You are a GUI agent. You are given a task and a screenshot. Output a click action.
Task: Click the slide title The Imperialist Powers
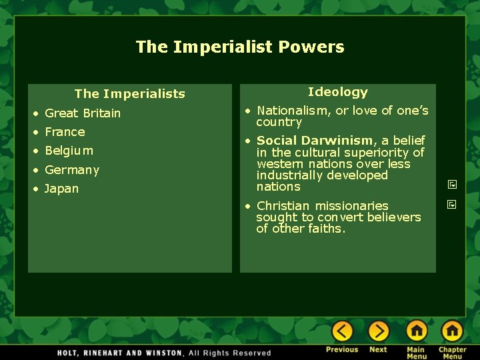[240, 47]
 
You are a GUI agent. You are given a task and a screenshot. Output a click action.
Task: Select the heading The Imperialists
[129, 94]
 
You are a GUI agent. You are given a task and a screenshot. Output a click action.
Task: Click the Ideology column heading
[337, 92]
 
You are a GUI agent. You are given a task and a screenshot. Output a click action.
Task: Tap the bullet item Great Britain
[83, 113]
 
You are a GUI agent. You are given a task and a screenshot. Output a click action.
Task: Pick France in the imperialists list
[65, 132]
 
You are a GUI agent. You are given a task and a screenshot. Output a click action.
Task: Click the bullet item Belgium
[69, 151]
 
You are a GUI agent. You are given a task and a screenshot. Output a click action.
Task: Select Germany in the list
[71, 170]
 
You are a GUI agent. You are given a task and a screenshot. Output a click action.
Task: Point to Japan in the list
[61, 189]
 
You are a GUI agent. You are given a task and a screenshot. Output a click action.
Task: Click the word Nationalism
[292, 111]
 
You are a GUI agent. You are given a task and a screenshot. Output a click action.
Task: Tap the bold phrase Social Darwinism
[315, 141]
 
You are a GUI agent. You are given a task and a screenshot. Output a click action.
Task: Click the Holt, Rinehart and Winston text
[121, 353]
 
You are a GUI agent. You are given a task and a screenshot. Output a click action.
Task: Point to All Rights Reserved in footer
[230, 353]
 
